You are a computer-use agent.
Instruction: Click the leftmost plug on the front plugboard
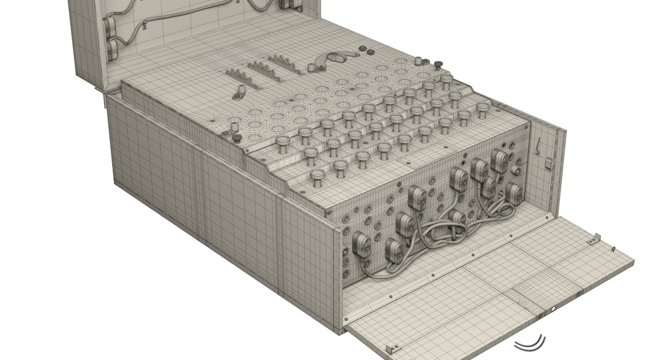361,245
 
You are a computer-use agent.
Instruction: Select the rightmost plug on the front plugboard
514,192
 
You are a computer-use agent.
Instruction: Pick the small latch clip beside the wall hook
548,163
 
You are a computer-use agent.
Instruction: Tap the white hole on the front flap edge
553,309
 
